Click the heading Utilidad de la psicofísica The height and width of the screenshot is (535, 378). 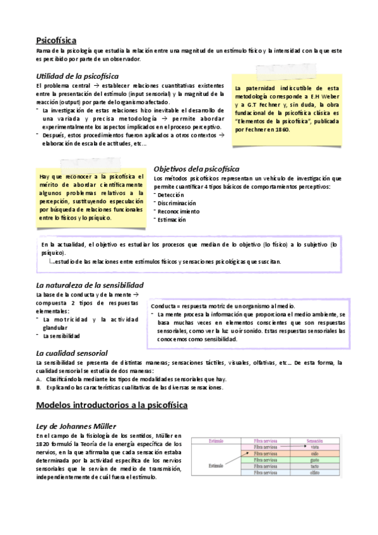pyautogui.click(x=78, y=76)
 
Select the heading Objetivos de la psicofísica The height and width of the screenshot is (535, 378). pyautogui.click(x=196, y=168)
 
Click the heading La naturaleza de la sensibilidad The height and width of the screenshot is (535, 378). pyautogui.click(x=90, y=285)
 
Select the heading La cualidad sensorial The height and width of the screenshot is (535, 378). pyautogui.click(x=72, y=353)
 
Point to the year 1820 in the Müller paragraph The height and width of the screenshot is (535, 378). pyautogui.click(x=44, y=444)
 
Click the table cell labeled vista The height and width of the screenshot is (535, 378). pyautogui.click(x=314, y=447)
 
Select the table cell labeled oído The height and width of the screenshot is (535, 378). pyautogui.click(x=314, y=454)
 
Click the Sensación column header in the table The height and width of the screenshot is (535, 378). pyautogui.click(x=314, y=440)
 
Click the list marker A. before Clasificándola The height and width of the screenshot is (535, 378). pyautogui.click(x=39, y=379)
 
